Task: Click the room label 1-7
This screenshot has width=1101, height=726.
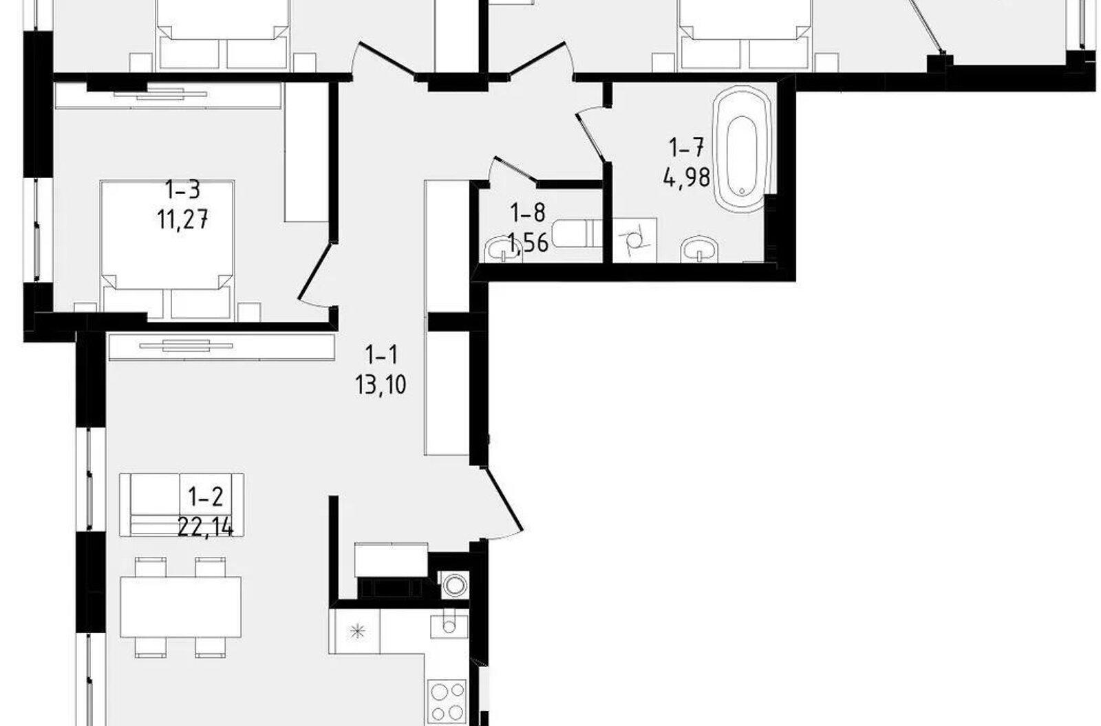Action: point(687,147)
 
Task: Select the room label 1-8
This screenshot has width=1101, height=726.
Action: point(528,212)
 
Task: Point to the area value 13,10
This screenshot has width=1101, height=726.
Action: point(381,384)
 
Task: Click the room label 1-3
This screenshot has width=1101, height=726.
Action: point(182,190)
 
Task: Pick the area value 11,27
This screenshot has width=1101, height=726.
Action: point(182,219)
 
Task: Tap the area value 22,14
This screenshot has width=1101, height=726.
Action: point(205,528)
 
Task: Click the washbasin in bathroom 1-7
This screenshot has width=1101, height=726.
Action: point(699,250)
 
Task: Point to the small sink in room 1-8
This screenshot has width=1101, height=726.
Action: point(502,250)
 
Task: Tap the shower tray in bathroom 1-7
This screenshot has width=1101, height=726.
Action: point(635,240)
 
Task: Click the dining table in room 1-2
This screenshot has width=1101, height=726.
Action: point(181,606)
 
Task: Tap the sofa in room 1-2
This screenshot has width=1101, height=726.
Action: point(182,505)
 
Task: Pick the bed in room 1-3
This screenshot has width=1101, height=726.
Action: point(167,250)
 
